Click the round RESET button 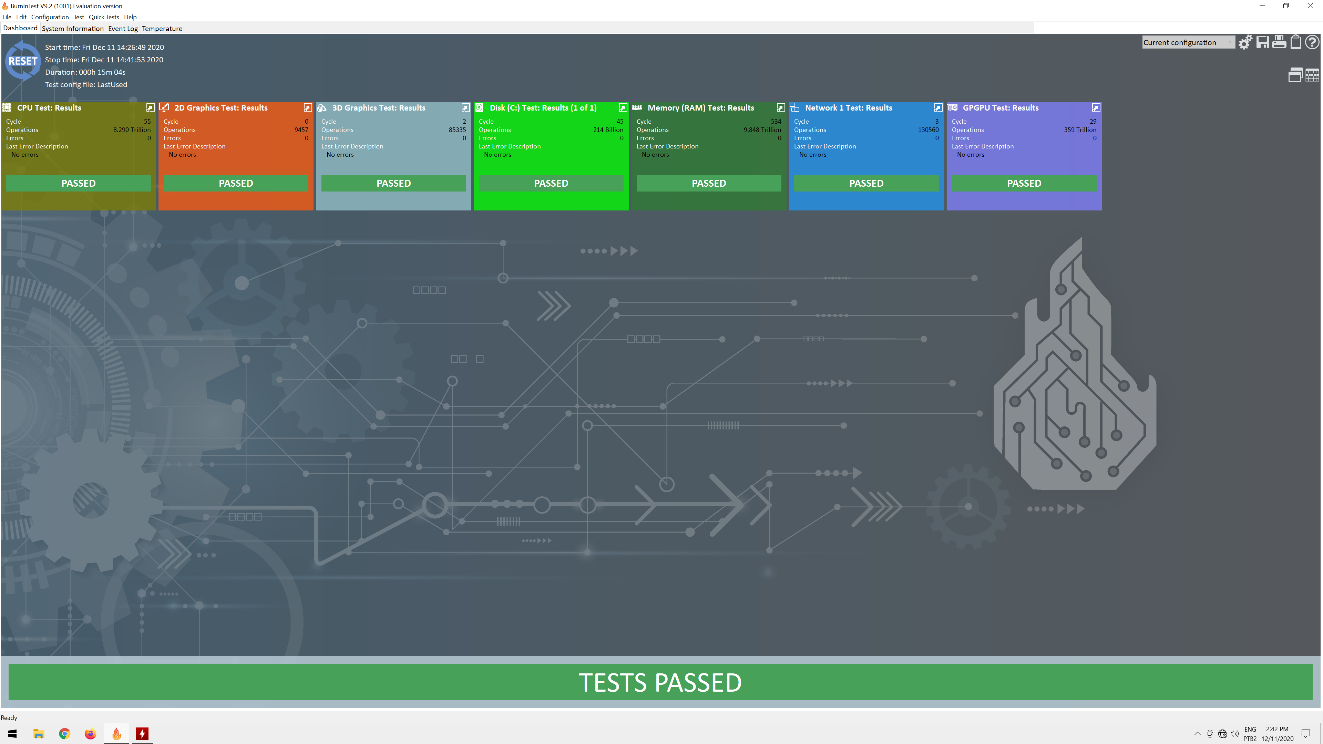(x=23, y=61)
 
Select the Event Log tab (x=123, y=29)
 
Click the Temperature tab (x=162, y=29)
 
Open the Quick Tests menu (x=104, y=17)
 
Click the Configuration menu (x=50, y=17)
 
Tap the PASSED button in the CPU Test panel (x=79, y=183)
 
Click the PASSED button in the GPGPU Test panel (x=1024, y=183)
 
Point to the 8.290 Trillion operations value (x=132, y=130)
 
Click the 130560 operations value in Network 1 (x=928, y=130)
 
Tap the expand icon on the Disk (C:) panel (x=623, y=108)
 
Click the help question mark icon (x=1312, y=42)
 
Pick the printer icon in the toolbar (x=1279, y=42)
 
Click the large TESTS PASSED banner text (x=660, y=682)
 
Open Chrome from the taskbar (x=64, y=734)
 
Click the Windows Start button (x=13, y=734)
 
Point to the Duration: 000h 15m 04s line (x=85, y=72)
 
